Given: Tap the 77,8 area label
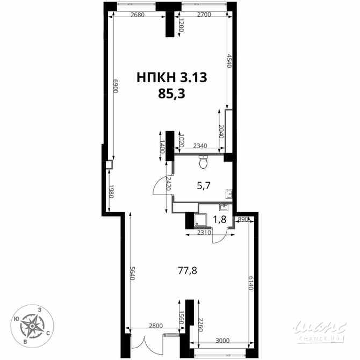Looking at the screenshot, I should tap(188, 271).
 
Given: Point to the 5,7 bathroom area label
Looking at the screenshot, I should tap(203, 186).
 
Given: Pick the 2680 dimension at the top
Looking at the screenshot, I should tap(138, 15).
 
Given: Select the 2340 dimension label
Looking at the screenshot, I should tap(201, 146).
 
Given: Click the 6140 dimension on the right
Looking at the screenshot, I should tap(250, 283).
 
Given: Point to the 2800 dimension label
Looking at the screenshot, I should tap(155, 326).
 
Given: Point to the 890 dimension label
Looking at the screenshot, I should tap(242, 220).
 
